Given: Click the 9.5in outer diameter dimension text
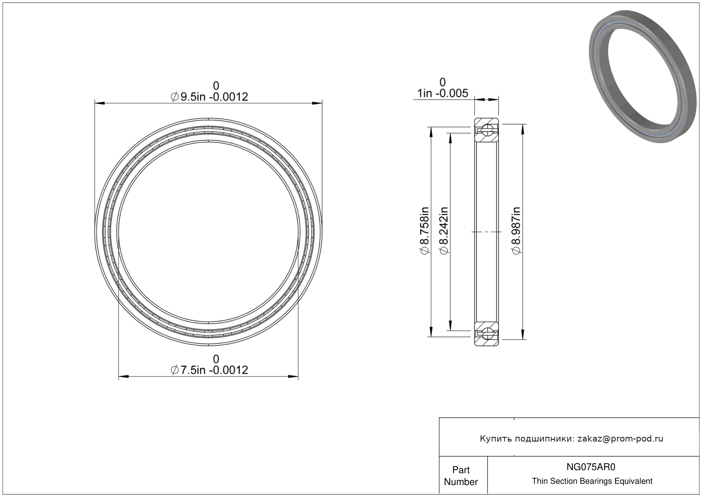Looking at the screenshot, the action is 209,96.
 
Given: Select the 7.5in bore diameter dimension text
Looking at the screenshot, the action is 209,370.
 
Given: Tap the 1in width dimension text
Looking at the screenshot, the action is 443,93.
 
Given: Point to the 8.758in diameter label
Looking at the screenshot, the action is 424,231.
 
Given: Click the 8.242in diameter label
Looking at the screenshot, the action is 444,231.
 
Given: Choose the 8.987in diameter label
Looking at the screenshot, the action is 516,231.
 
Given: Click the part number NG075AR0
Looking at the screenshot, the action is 591,467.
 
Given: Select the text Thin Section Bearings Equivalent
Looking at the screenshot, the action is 592,481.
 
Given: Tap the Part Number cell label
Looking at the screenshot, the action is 461,476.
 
